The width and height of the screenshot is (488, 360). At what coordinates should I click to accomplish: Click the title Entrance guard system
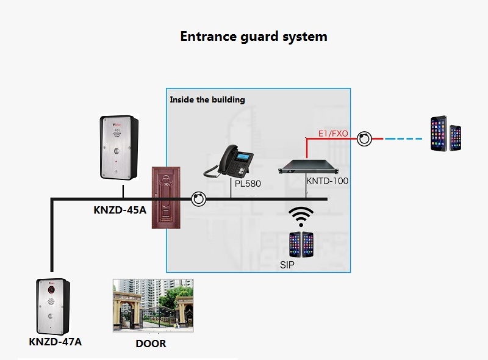tap(254, 37)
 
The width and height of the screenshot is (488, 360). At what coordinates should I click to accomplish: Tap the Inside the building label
tap(207, 99)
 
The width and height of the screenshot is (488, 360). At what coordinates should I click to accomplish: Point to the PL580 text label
tap(247, 182)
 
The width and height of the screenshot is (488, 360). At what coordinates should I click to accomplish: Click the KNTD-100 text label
tap(328, 181)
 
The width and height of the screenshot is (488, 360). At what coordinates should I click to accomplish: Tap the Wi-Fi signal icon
tap(301, 216)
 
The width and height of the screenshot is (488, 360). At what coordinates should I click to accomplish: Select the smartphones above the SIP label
tap(301, 243)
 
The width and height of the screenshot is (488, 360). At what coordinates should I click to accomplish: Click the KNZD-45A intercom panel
tap(120, 148)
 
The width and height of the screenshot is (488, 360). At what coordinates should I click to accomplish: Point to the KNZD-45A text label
tap(120, 210)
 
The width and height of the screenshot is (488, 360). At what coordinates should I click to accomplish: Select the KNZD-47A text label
tap(55, 342)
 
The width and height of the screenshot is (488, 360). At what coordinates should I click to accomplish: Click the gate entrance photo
tap(153, 305)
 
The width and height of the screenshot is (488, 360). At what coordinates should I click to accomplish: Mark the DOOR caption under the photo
tap(151, 344)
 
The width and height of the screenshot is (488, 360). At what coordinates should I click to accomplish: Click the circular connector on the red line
tap(364, 139)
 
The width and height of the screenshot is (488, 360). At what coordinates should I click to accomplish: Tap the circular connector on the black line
tap(198, 199)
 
